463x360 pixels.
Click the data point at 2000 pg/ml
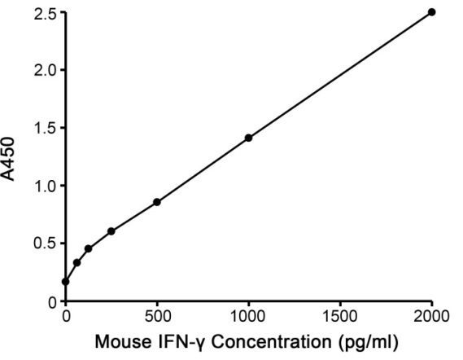[x=432, y=12]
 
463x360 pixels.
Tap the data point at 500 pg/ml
[x=157, y=202]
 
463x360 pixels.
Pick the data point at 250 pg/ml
[x=111, y=231]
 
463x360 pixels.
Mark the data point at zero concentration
[x=66, y=282]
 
